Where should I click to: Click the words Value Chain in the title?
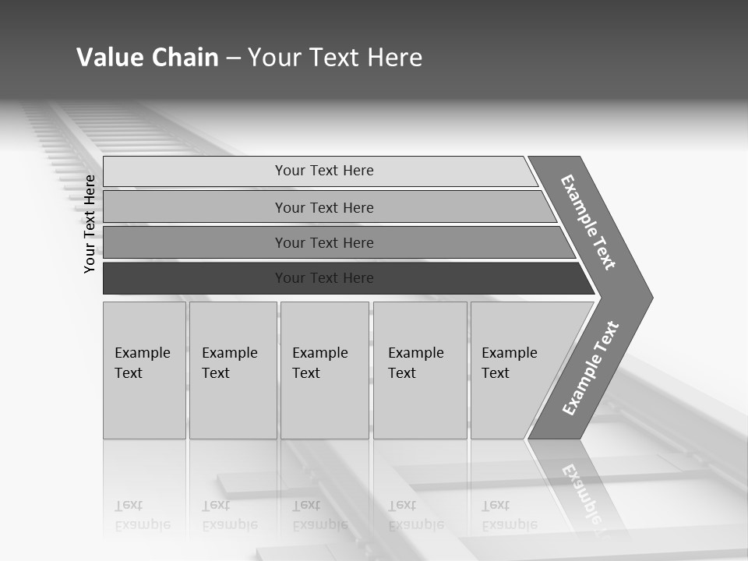point(147,58)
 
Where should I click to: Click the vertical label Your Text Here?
point(90,224)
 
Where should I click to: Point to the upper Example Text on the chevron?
point(588,222)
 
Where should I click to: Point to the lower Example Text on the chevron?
point(590,369)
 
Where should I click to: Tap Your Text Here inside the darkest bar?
point(324,278)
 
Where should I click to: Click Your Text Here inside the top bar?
point(324,171)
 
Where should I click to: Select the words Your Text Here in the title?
point(335,58)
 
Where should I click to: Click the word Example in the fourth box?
point(416,353)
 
